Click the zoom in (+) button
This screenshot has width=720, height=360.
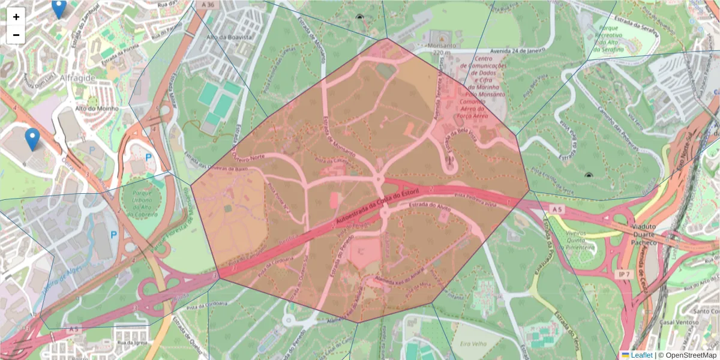(16, 17)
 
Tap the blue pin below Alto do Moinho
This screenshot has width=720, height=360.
(32, 139)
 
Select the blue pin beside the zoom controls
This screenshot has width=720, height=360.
(59, 8)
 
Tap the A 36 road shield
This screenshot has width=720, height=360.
(208, 5)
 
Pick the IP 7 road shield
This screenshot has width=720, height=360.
(624, 274)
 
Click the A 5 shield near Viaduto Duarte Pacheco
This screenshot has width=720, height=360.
(556, 209)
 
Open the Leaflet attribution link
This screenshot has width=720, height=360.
(641, 355)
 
